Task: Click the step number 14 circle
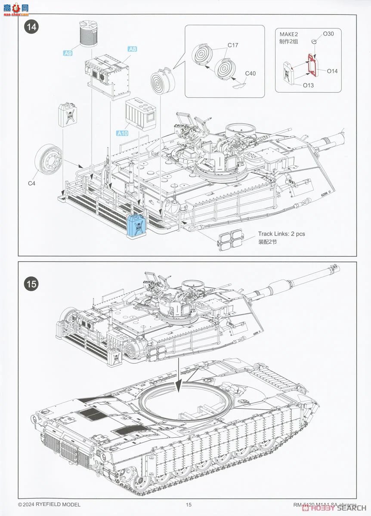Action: tap(32, 27)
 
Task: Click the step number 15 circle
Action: tap(32, 284)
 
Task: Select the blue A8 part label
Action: tap(132, 49)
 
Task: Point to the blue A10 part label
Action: tap(122, 133)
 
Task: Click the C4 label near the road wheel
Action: tap(31, 184)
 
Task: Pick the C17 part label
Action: tap(233, 45)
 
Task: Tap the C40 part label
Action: tap(250, 73)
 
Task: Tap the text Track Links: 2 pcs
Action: tap(281, 234)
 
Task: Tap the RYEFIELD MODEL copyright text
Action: tap(49, 504)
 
